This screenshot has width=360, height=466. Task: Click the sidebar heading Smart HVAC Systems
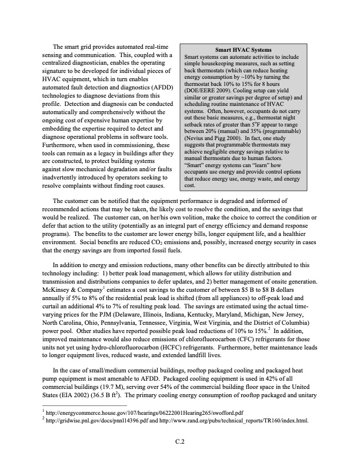pyautogui.click(x=241, y=51)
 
